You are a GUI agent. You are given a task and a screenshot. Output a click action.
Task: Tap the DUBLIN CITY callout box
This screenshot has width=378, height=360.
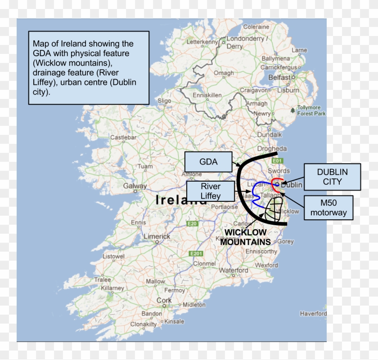pos(333,177)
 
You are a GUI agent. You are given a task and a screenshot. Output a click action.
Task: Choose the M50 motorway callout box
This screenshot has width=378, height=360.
pos(328,208)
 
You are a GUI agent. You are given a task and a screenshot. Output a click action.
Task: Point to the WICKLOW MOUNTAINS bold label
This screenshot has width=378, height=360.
pos(246,237)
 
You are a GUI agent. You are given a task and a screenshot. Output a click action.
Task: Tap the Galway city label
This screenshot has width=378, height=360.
pos(135,186)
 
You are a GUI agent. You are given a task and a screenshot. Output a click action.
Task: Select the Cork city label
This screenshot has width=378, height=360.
pos(164,300)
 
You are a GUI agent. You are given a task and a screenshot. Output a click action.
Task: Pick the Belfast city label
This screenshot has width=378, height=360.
pos(279,77)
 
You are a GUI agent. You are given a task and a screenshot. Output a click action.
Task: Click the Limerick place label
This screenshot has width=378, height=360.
pos(157,236)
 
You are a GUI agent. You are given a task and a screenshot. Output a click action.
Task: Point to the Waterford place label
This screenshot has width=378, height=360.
pos(234,271)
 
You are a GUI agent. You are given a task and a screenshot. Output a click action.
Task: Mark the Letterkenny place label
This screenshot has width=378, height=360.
pos(202,42)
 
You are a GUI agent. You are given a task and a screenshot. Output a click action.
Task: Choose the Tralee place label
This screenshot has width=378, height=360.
pos(103,280)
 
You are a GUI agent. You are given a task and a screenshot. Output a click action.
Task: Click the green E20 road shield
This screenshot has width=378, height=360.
pos(193,223)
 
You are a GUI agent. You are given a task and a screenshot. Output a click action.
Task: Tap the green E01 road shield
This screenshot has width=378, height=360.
pos(277,160)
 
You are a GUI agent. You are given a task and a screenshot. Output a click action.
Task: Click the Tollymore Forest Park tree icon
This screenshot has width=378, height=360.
pos(293,110)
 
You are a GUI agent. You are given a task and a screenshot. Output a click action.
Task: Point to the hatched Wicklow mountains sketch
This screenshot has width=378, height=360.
pos(273,210)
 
